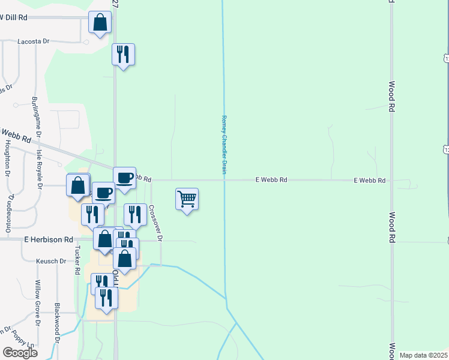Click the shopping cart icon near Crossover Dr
coord(187,199)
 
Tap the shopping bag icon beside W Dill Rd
coord(100,23)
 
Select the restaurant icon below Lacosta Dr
coord(123,55)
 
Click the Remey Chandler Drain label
coord(224,145)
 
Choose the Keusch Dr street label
coord(51,262)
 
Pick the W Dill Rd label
coord(14,18)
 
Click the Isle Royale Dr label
coord(39,167)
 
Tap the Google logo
coord(20,353)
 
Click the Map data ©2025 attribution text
coord(424,355)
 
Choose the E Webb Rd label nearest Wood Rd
coord(369,180)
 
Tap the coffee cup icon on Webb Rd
coord(124,178)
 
